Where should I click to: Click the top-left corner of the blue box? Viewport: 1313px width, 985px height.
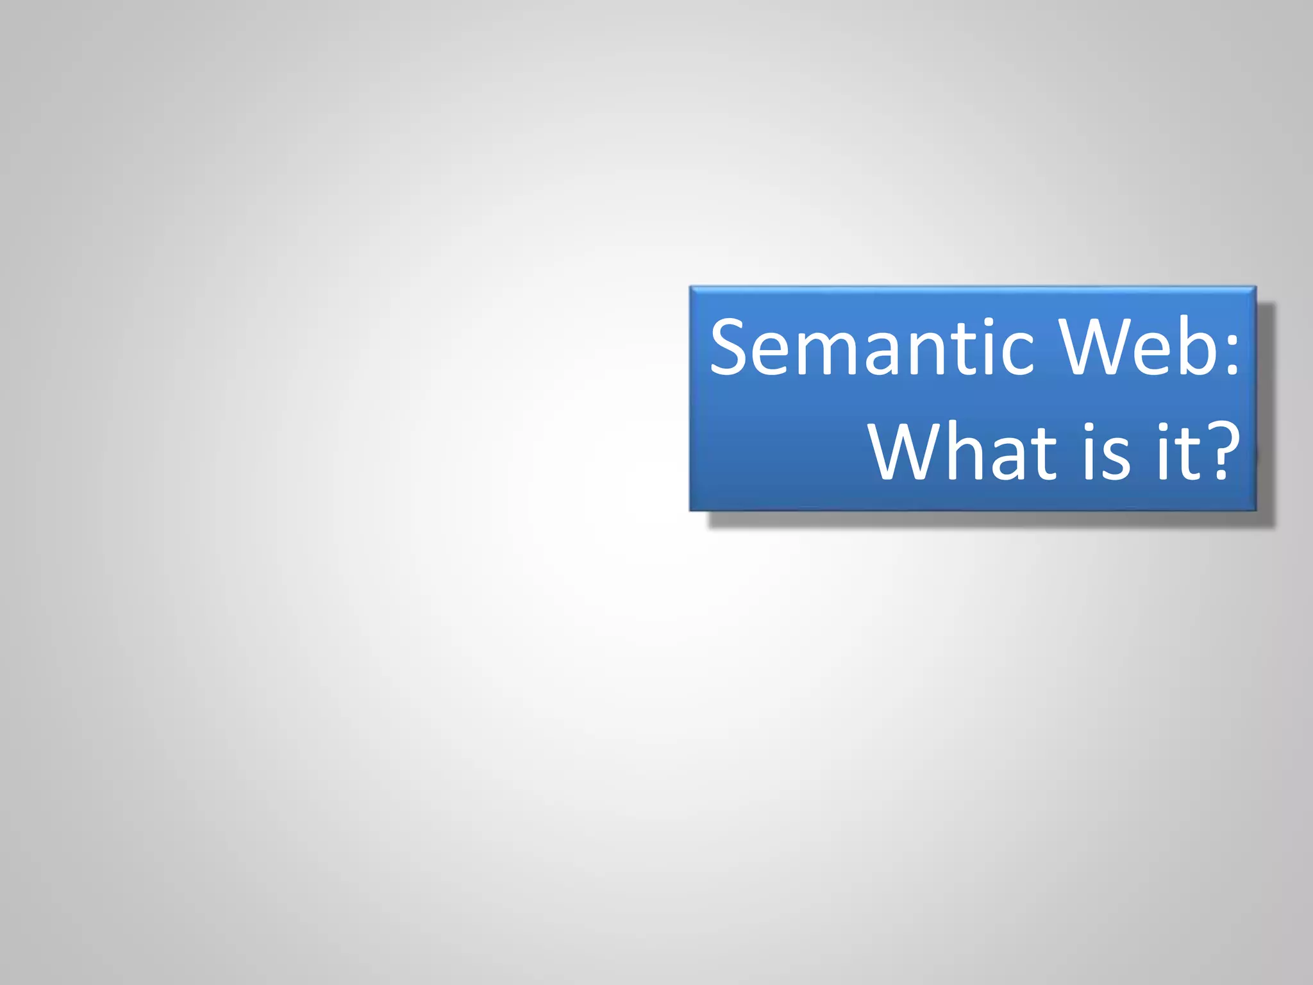[x=690, y=287]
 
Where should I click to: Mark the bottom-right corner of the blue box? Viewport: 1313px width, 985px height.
[x=1255, y=510]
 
